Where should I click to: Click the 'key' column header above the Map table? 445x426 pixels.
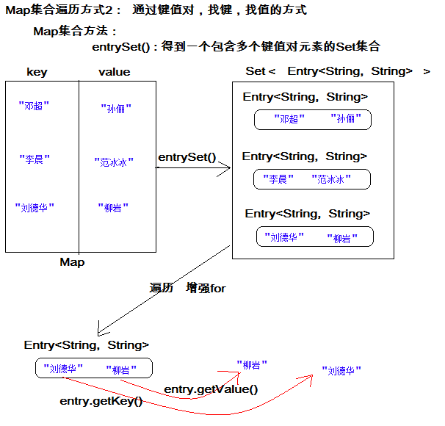[37, 72]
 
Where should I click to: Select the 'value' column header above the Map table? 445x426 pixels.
[114, 72]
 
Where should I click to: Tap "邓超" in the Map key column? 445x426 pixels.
[34, 106]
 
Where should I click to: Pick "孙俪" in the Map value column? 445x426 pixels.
[116, 109]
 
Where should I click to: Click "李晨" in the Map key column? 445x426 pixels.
[34, 158]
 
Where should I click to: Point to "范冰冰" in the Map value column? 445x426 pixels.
[114, 162]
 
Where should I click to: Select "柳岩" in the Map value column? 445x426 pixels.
[113, 208]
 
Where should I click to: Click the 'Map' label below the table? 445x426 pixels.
[72, 262]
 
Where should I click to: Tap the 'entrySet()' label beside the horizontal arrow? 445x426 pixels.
[187, 157]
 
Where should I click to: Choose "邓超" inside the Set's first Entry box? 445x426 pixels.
[287, 119]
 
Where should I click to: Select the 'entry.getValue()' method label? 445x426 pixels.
[211, 389]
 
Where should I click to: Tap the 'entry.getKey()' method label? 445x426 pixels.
[101, 401]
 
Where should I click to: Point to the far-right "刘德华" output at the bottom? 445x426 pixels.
[341, 372]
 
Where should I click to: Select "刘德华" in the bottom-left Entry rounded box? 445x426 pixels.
[63, 369]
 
